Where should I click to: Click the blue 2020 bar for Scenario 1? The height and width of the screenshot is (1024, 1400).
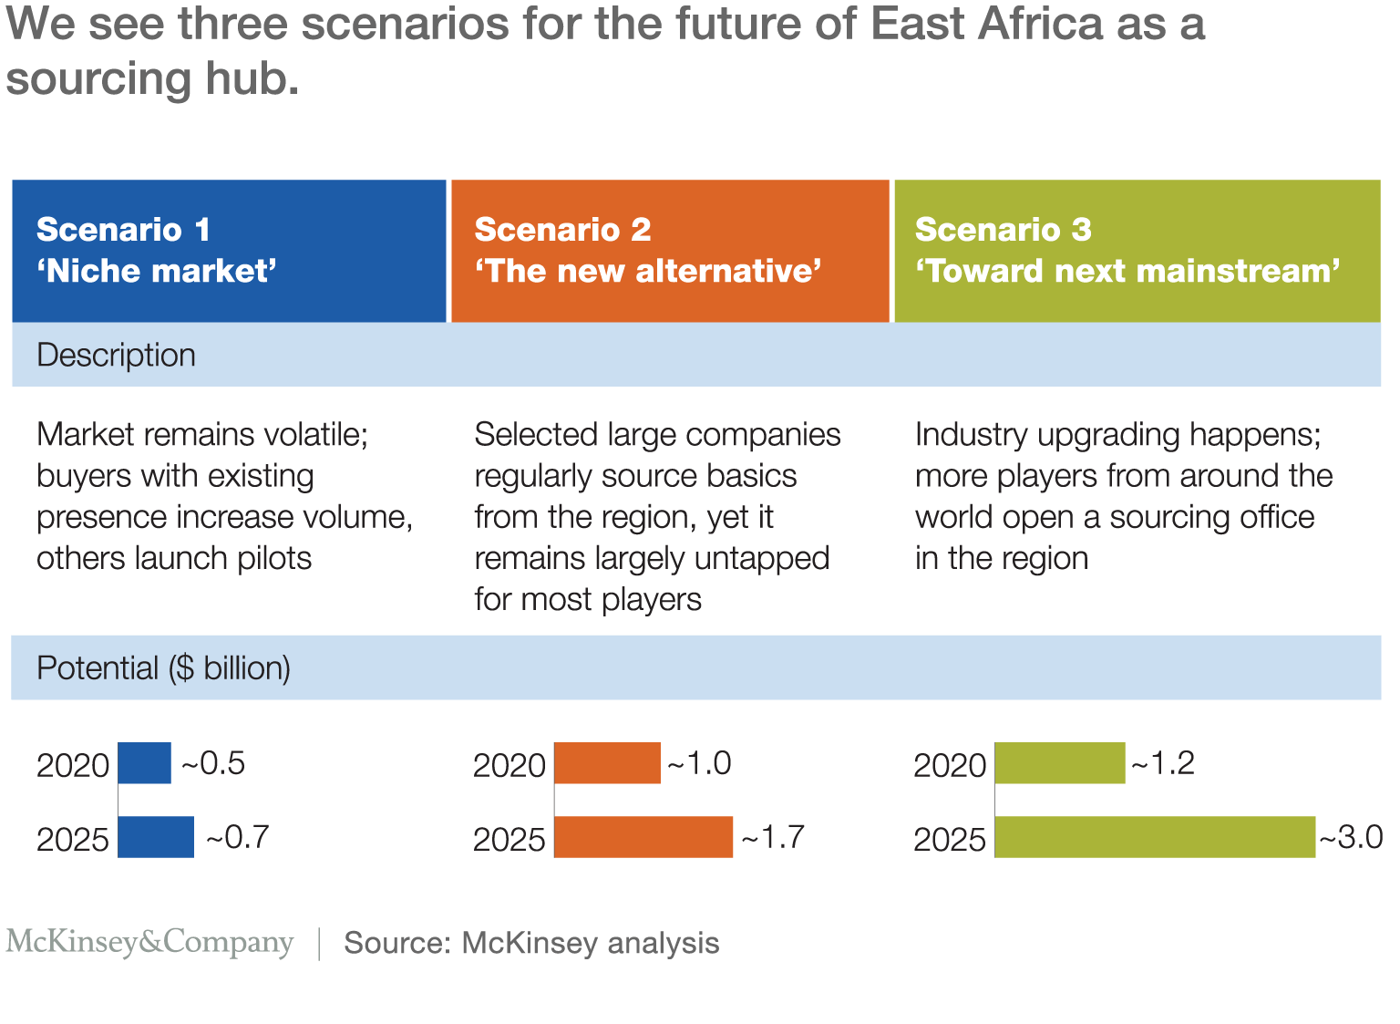pos(144,763)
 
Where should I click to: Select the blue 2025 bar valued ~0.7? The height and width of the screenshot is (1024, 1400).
pos(156,837)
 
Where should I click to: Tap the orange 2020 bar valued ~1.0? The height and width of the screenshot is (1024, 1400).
pos(607,763)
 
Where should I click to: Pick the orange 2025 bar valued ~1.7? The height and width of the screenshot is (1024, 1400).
pos(643,837)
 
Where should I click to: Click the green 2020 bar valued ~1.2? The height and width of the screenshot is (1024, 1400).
pos(1059,763)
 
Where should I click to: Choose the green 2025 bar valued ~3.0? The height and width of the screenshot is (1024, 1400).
pos(1155,837)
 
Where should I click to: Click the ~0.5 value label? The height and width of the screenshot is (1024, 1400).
pos(213,763)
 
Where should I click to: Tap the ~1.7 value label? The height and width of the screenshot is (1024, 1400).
pos(773,837)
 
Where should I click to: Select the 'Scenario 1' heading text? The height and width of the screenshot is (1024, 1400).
pos(123,230)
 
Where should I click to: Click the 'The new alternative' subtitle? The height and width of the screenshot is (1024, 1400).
pos(648,271)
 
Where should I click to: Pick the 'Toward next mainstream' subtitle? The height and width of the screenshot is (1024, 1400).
pos(1127,271)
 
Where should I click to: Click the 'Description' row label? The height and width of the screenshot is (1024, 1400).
pos(116,355)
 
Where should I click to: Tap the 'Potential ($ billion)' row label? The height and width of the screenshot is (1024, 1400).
pos(163,668)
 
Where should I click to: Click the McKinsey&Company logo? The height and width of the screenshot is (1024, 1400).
pos(149,942)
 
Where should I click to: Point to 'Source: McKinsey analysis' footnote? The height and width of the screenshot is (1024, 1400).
pos(531,943)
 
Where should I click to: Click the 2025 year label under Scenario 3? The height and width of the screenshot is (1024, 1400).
pos(950,839)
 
